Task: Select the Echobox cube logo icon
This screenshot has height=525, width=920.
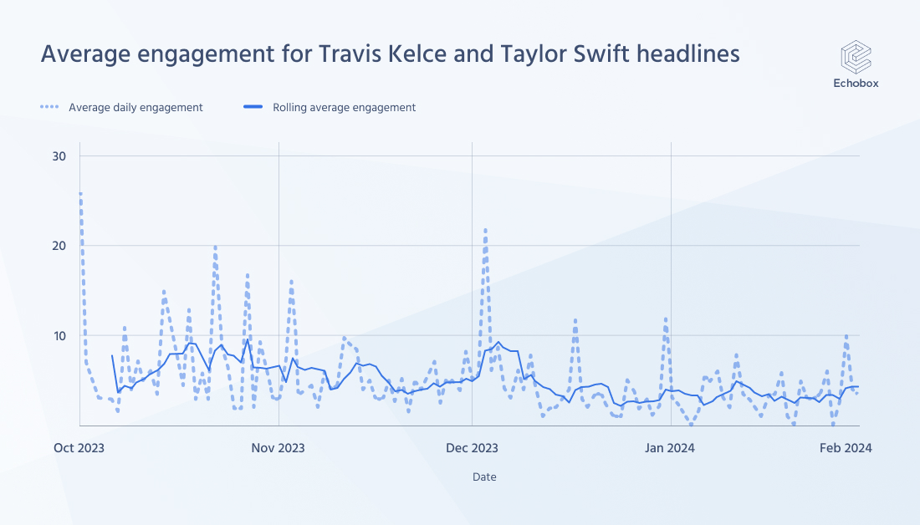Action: click(856, 57)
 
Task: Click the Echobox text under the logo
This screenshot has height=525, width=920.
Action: click(856, 84)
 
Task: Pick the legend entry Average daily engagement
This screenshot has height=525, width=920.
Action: click(135, 107)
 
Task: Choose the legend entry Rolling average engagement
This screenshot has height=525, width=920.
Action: click(344, 107)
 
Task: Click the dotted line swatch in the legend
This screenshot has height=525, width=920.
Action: click(50, 107)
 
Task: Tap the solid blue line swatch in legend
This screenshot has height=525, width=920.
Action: click(253, 107)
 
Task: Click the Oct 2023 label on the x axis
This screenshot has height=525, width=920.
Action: click(80, 448)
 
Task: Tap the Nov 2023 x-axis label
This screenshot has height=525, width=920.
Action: click(279, 448)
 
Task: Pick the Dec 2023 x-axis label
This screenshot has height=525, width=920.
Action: click(472, 448)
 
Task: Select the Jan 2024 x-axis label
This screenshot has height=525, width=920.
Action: click(670, 448)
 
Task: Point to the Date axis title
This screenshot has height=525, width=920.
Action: click(483, 477)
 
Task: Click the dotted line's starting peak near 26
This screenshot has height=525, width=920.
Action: click(80, 194)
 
